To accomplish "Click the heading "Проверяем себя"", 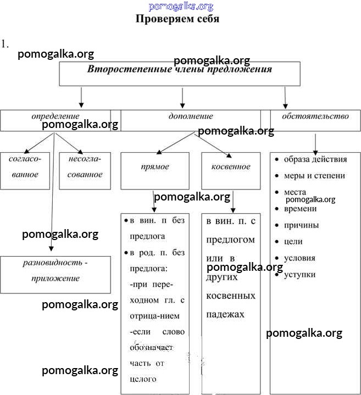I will pyautogui.click(x=177, y=19).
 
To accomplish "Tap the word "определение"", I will pyautogui.click(x=55, y=116).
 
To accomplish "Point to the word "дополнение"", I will pyautogui.click(x=191, y=116).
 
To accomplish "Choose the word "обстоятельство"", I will pyautogui.click(x=315, y=116).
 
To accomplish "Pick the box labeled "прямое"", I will pyautogui.click(x=155, y=167).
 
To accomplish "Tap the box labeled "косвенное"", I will pyautogui.click(x=230, y=167).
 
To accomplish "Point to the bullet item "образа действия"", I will pyautogui.click(x=315, y=159).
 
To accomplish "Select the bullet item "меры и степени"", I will pyautogui.click(x=314, y=176).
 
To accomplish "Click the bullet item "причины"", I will pyautogui.click(x=301, y=225).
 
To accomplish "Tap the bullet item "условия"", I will pyautogui.click(x=299, y=258).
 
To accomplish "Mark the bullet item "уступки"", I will pyautogui.click(x=299, y=274).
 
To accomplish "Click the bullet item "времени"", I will pyautogui.click(x=300, y=209).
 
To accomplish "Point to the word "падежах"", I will pyautogui.click(x=225, y=315).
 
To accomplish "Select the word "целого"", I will pyautogui.click(x=143, y=379).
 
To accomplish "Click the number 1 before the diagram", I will pyautogui.click(x=5, y=44).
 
